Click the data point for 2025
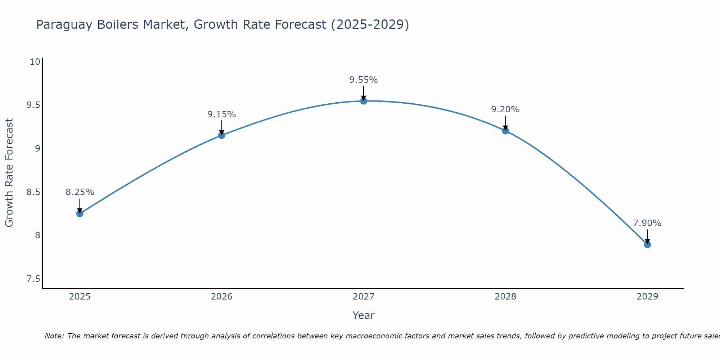click(x=80, y=213)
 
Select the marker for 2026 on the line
click(x=221, y=135)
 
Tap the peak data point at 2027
click(x=363, y=101)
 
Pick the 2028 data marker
click(x=505, y=131)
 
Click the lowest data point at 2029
click(x=647, y=244)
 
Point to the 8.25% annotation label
click(x=80, y=192)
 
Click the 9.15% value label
click(x=221, y=114)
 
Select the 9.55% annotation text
click(x=363, y=80)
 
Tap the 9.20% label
click(x=505, y=109)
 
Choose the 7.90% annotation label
click(x=647, y=223)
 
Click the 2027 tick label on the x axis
click(x=363, y=297)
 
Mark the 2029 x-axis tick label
click(x=647, y=297)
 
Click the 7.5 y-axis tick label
click(x=33, y=279)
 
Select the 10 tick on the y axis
click(x=35, y=62)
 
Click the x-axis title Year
click(x=363, y=315)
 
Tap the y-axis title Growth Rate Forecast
click(x=9, y=172)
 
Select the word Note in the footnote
click(x=54, y=336)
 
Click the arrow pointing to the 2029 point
click(x=647, y=237)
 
